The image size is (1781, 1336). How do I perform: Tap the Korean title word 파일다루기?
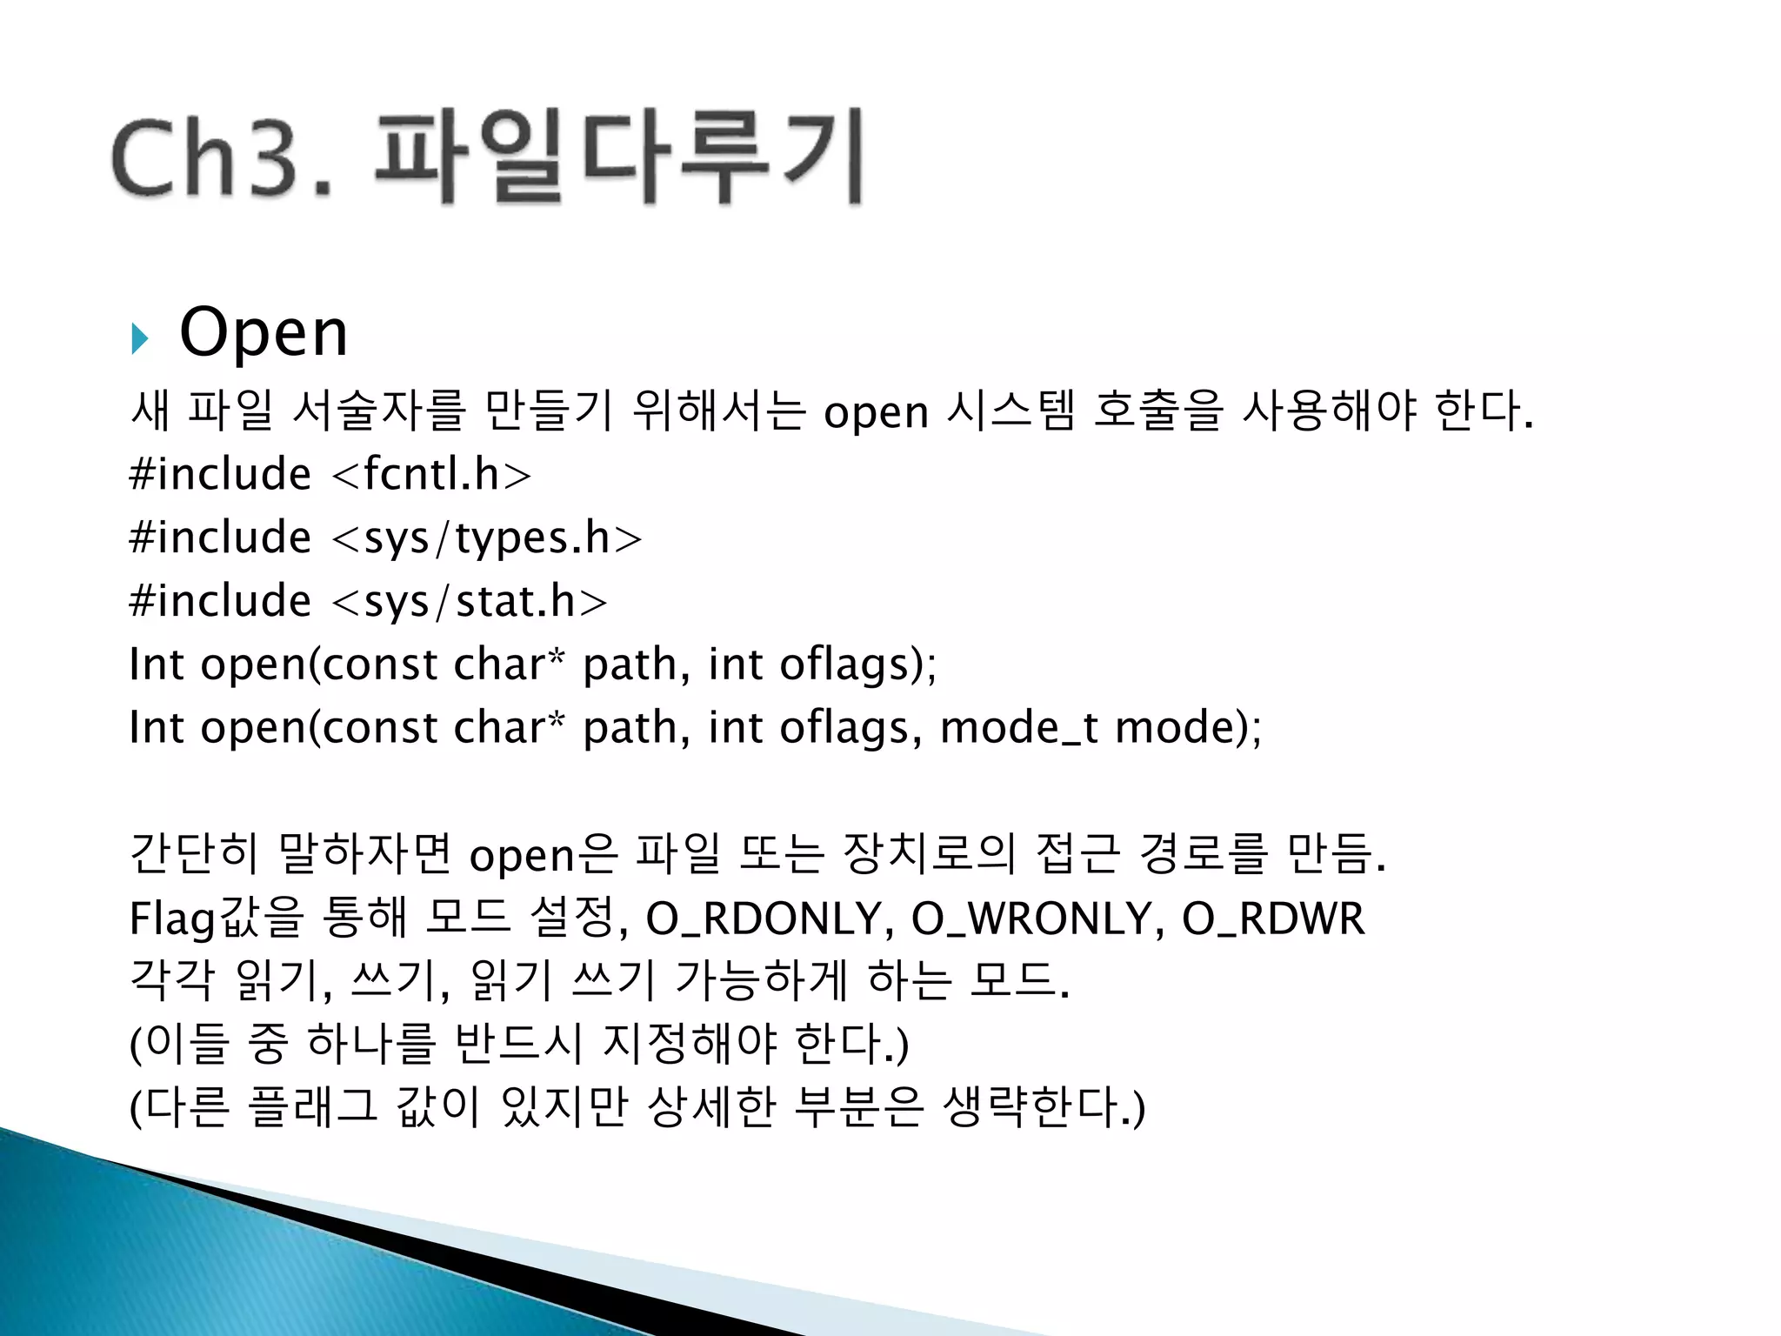(x=619, y=157)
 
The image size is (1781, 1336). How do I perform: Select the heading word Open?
(x=263, y=332)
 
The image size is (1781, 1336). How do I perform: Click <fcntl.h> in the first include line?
(x=431, y=475)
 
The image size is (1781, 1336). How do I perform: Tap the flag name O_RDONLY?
(x=764, y=918)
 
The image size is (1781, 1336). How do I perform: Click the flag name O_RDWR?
(x=1273, y=918)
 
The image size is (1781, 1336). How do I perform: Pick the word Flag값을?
(x=217, y=918)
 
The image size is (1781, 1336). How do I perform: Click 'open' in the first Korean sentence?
(x=876, y=412)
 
